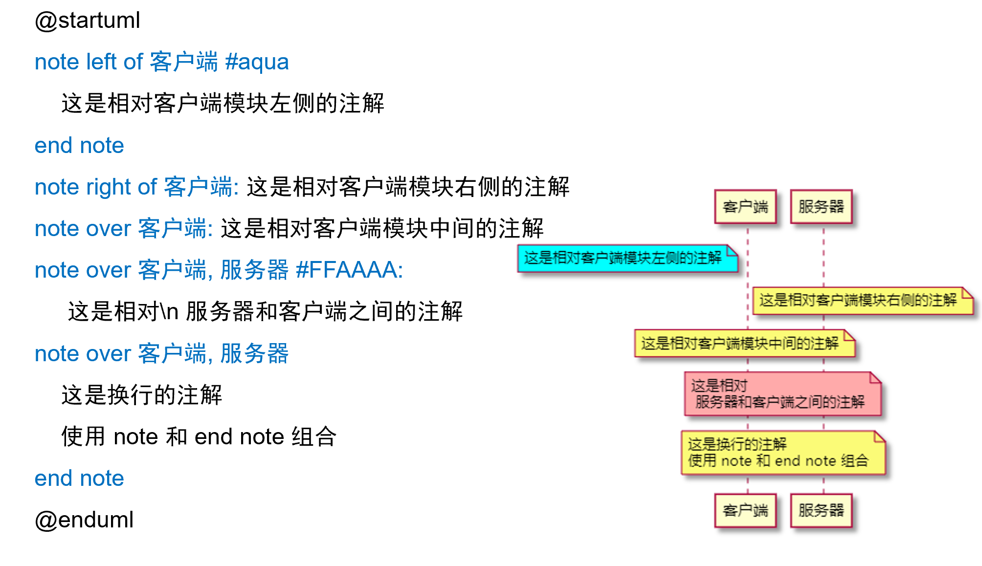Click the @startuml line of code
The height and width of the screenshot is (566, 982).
[x=88, y=21]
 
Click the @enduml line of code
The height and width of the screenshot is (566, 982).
[x=84, y=520]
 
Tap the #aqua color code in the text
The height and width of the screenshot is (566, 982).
[x=257, y=62]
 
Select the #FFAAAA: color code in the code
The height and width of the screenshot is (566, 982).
[x=349, y=270]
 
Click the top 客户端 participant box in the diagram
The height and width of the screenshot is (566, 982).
[x=745, y=207]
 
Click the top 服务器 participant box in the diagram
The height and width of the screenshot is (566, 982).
[x=821, y=207]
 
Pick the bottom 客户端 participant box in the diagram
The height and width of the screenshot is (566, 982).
[x=745, y=511]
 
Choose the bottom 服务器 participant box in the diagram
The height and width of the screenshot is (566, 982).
[x=821, y=511]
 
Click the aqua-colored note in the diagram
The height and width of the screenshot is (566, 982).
[x=627, y=258]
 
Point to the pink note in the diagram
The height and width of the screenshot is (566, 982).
[x=782, y=394]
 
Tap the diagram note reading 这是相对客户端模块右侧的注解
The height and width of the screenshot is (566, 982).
[x=863, y=300]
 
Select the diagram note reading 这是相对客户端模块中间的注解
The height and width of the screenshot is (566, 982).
[x=744, y=343]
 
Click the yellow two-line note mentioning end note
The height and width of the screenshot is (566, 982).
[x=782, y=453]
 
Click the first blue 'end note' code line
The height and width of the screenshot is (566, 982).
[x=79, y=146]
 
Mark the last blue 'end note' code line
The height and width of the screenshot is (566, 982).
[x=79, y=478]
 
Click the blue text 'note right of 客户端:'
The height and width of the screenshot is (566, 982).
[x=136, y=187]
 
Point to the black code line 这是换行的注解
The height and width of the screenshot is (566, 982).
[x=142, y=395]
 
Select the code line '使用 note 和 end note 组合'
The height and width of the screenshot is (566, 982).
[x=199, y=436]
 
